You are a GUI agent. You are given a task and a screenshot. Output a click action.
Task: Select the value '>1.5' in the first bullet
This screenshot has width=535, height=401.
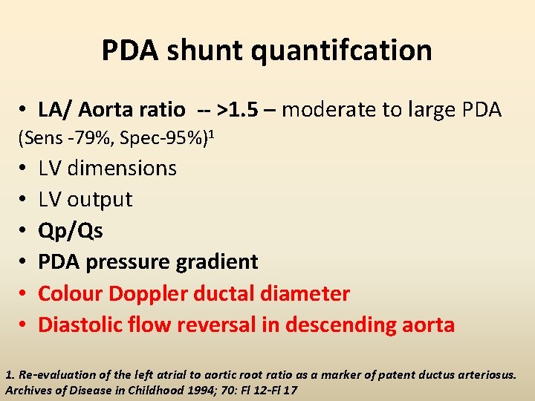236,110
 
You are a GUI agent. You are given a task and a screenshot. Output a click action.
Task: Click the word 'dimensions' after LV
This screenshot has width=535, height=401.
122,168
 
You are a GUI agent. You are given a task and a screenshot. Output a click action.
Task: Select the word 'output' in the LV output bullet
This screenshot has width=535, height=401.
100,199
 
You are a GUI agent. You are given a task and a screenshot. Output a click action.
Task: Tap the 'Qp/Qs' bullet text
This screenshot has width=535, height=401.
71,230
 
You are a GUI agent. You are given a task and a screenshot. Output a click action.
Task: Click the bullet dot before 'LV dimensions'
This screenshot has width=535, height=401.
25,169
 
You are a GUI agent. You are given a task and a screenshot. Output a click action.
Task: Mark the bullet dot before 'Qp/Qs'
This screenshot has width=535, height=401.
25,231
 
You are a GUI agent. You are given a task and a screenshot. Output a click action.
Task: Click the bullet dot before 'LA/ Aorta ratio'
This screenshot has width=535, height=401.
25,111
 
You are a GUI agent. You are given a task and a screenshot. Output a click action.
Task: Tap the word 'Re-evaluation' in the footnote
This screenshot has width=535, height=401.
53,374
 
